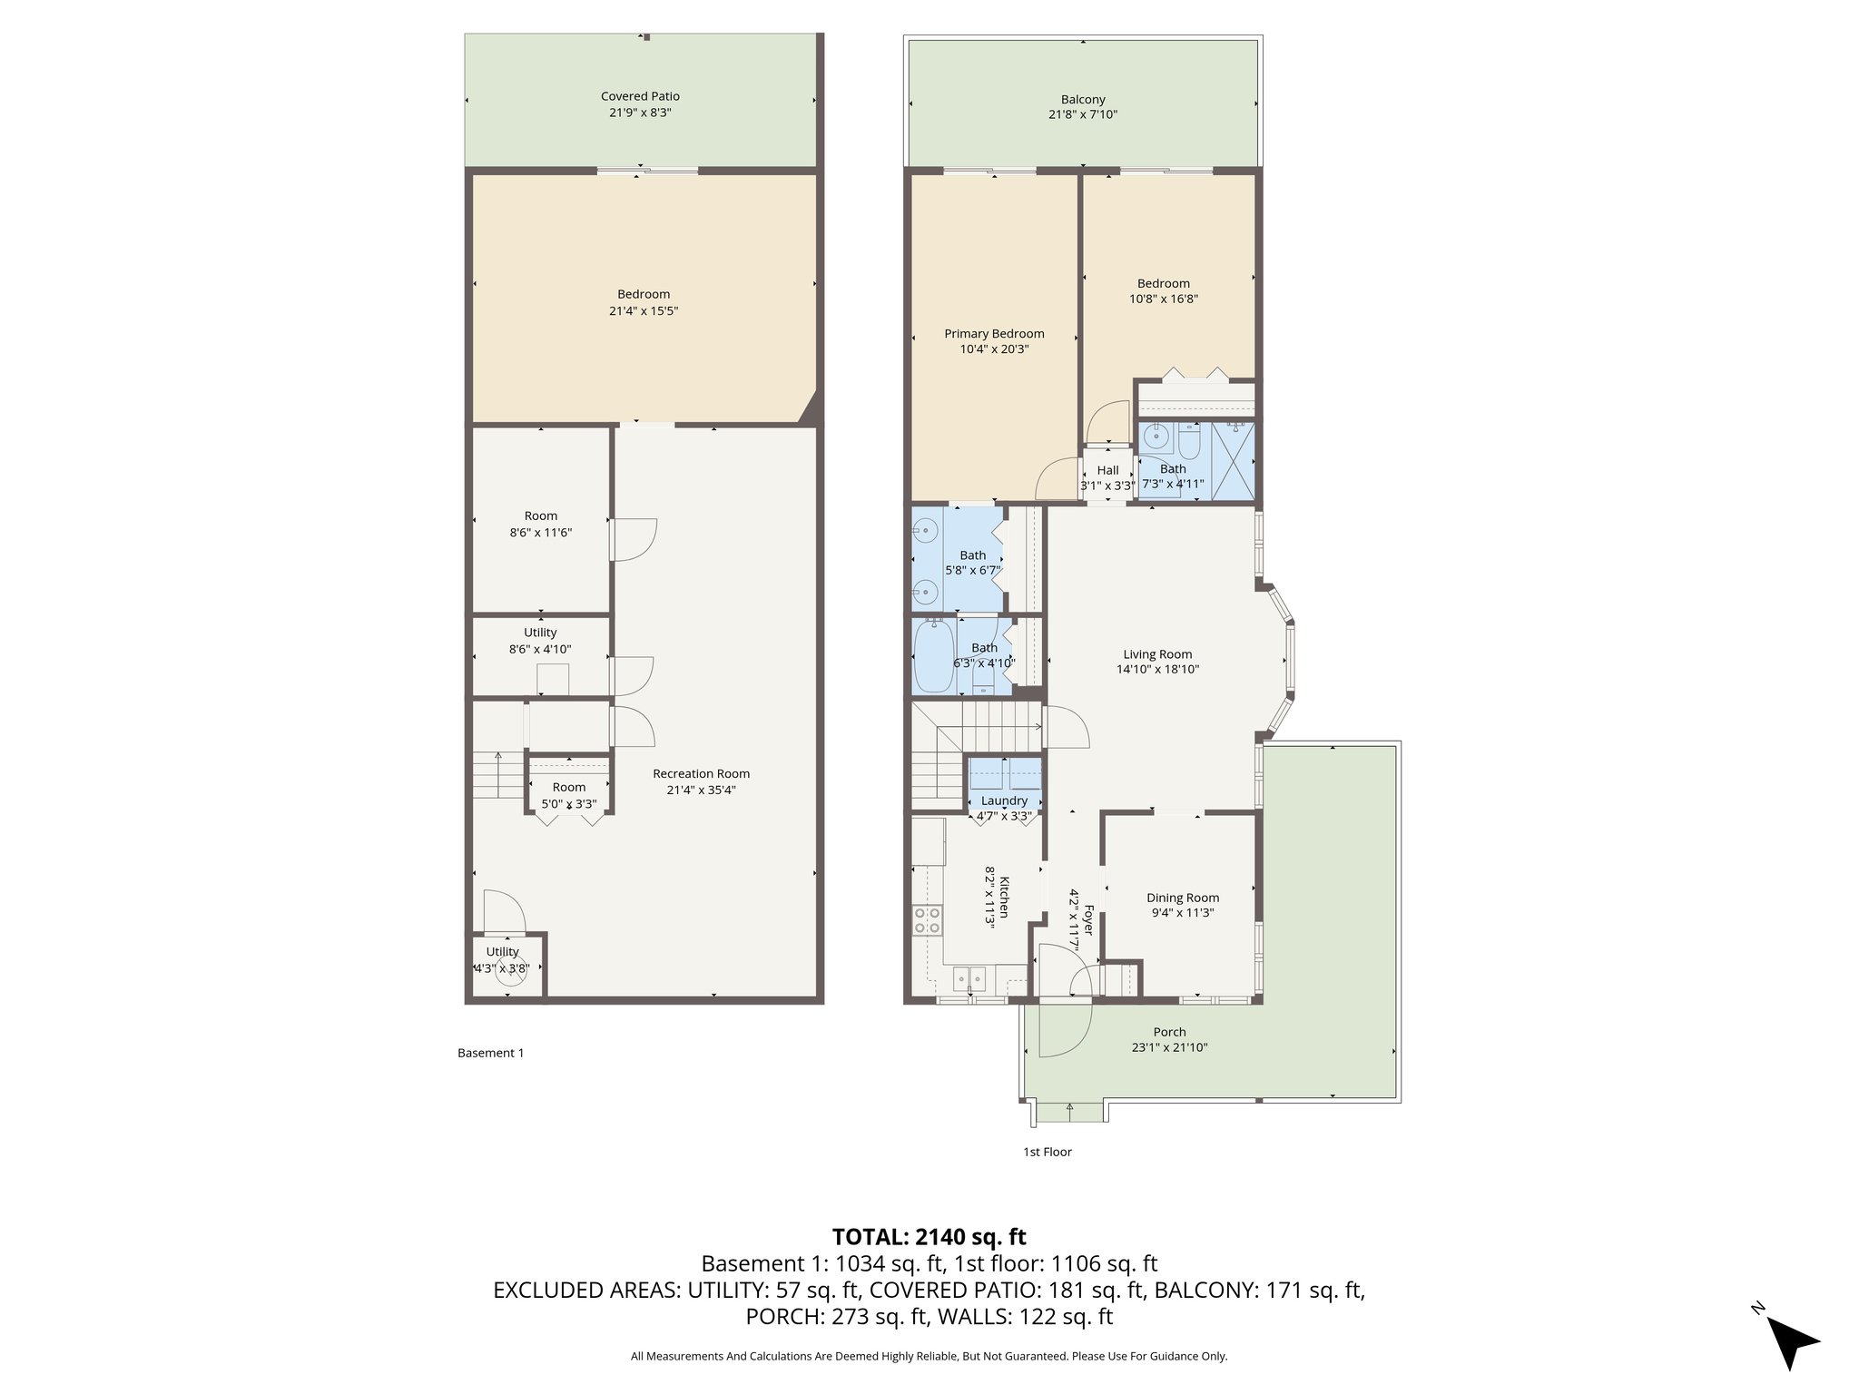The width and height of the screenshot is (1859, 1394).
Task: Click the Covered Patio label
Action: pyautogui.click(x=640, y=96)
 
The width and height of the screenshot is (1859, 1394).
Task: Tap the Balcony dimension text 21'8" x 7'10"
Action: pyautogui.click(x=1083, y=115)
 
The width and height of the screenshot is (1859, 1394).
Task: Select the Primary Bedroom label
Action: pyautogui.click(x=994, y=334)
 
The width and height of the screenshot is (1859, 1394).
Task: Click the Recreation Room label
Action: pyautogui.click(x=701, y=774)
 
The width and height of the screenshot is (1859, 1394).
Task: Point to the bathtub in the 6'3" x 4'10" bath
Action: pyautogui.click(x=934, y=654)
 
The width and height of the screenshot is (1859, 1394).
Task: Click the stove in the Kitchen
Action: pyautogui.click(x=927, y=920)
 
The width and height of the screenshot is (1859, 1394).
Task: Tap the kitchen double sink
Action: pyautogui.click(x=969, y=979)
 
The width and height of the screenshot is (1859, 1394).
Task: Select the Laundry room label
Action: pyautogui.click(x=1004, y=800)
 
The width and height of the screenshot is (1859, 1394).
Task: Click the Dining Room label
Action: pyautogui.click(x=1182, y=898)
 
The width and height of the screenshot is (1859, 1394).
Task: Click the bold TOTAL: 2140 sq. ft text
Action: pyautogui.click(x=929, y=1237)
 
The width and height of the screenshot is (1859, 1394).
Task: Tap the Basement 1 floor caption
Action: pyautogui.click(x=490, y=1053)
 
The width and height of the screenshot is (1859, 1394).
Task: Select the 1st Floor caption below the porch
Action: pyautogui.click(x=1048, y=1152)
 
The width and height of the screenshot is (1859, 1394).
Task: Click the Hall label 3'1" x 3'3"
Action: pyautogui.click(x=1107, y=470)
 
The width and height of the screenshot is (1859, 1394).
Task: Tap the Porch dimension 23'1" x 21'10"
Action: pyautogui.click(x=1169, y=1047)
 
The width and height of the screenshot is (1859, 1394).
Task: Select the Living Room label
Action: pyautogui.click(x=1157, y=654)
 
